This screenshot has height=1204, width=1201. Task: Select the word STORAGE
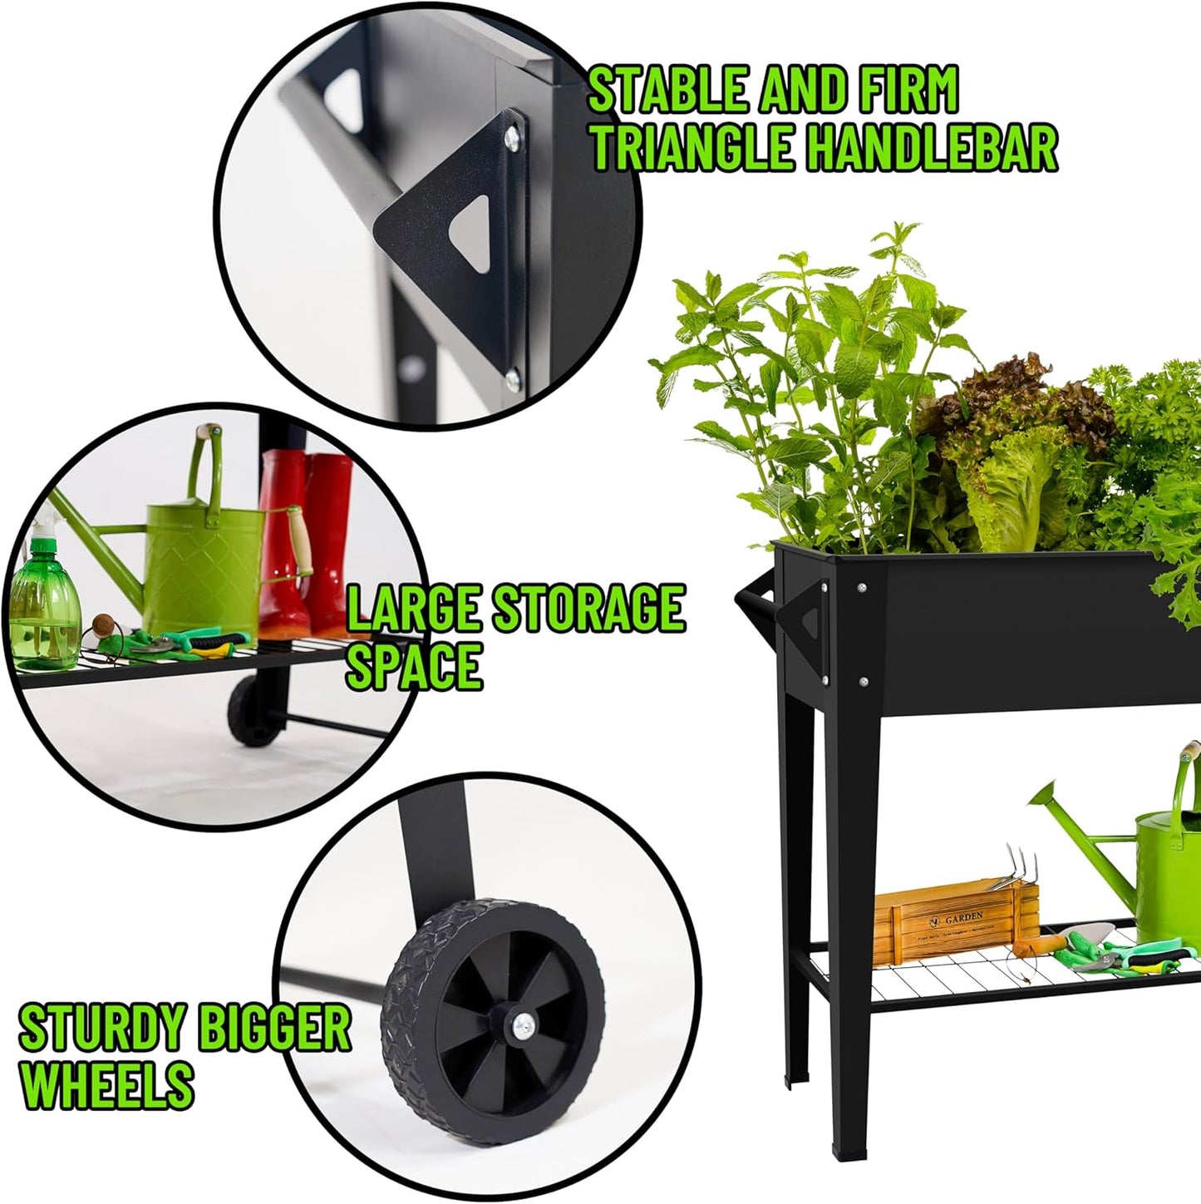click(x=588, y=609)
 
